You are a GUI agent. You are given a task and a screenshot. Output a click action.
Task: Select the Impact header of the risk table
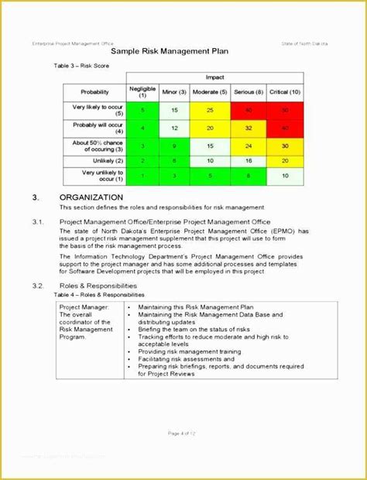coord(215,77)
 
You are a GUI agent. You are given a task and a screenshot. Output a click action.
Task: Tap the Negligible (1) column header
coord(142,92)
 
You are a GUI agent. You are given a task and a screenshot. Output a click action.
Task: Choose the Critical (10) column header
coord(286,91)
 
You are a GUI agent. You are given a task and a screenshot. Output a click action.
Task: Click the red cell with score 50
coord(286,110)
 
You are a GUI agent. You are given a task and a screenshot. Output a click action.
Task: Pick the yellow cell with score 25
coord(211,110)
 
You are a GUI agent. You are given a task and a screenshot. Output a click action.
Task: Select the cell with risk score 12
coord(175,127)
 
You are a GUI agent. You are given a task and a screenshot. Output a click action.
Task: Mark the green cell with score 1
coord(142,176)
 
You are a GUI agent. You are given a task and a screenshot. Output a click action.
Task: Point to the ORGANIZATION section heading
coord(91,197)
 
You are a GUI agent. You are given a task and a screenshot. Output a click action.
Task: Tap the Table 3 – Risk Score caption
coord(83,67)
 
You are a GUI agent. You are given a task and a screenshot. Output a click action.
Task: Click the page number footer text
coord(183,432)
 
